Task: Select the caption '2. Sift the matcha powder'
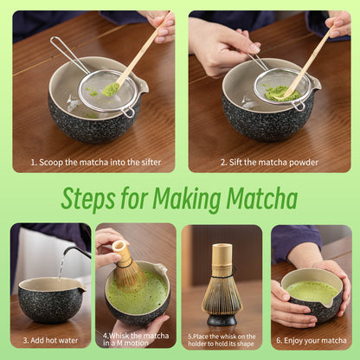[x=268, y=162]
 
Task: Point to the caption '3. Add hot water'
[x=50, y=341]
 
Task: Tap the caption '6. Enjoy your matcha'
[x=312, y=341]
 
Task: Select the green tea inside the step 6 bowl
[x=312, y=292]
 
